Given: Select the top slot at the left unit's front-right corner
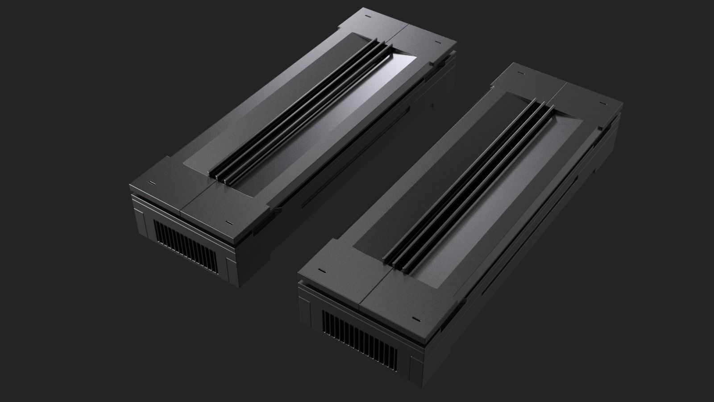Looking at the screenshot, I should pos(230,222).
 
